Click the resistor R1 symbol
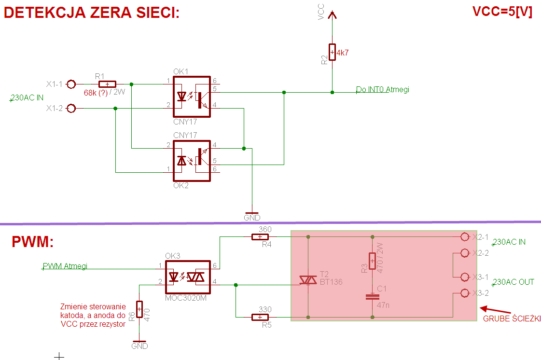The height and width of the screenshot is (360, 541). point(107,84)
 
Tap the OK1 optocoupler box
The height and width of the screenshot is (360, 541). point(192,97)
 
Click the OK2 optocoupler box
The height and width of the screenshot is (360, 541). point(192,161)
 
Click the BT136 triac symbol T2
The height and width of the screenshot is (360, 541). point(308,279)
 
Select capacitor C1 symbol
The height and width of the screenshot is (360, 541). point(373,296)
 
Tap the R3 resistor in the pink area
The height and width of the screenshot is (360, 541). point(373,261)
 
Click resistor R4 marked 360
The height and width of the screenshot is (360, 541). point(260,237)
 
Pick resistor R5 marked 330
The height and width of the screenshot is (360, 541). point(260,317)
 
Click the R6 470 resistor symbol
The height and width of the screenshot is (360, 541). point(139,309)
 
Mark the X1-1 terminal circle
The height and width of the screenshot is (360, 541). point(71,84)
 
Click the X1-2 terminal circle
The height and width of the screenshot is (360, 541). point(71,109)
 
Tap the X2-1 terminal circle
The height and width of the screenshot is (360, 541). point(465,237)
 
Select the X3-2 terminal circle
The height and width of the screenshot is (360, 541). point(465,293)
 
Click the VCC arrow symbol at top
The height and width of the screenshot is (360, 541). point(332,15)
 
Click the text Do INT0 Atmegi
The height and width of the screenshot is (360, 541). point(382,89)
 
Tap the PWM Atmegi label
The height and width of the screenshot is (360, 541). point(65,266)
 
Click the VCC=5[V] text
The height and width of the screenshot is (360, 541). point(502,13)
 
